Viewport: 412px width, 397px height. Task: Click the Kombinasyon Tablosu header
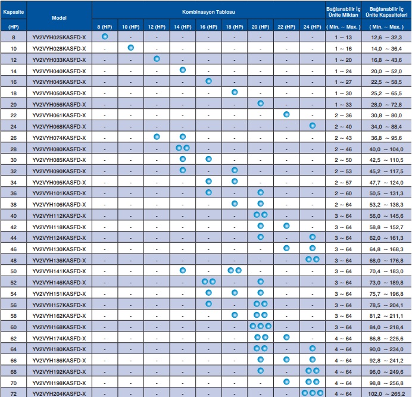click(208, 12)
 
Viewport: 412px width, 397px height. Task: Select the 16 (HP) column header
click(208, 27)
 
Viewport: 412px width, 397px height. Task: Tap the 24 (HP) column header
click(312, 27)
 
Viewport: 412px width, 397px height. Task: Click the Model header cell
click(59, 18)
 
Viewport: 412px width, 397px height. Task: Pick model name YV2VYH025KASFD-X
click(59, 37)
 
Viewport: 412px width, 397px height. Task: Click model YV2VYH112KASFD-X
click(59, 215)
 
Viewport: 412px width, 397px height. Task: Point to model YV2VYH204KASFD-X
click(59, 394)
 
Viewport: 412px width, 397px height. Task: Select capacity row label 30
click(14, 160)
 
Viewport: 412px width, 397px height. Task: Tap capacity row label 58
click(14, 316)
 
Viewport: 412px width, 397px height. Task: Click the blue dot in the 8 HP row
click(105, 36)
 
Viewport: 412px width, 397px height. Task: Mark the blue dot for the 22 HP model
click(286, 114)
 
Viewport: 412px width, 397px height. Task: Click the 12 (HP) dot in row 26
click(157, 137)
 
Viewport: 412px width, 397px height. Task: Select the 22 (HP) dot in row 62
click(286, 337)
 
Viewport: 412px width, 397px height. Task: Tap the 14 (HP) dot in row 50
click(183, 270)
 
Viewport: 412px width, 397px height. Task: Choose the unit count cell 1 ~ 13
click(343, 37)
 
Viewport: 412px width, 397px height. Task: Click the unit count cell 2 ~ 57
click(343, 182)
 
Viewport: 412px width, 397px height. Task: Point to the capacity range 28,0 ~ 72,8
click(386, 105)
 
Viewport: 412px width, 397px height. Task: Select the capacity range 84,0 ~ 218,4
click(386, 327)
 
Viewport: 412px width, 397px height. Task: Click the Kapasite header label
click(14, 12)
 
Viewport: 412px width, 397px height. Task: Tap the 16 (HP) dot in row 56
click(208, 304)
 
